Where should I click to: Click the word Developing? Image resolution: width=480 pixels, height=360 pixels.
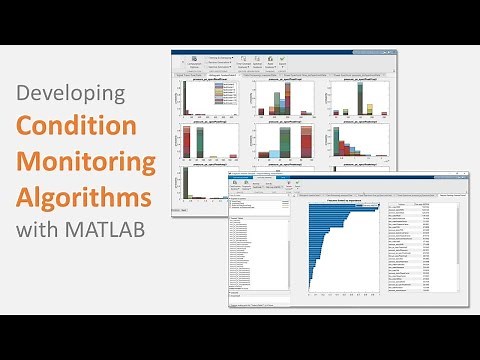coord(69,94)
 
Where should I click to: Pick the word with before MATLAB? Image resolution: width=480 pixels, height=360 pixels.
coord(46,228)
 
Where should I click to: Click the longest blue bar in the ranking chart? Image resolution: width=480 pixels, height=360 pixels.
coord(342,207)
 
